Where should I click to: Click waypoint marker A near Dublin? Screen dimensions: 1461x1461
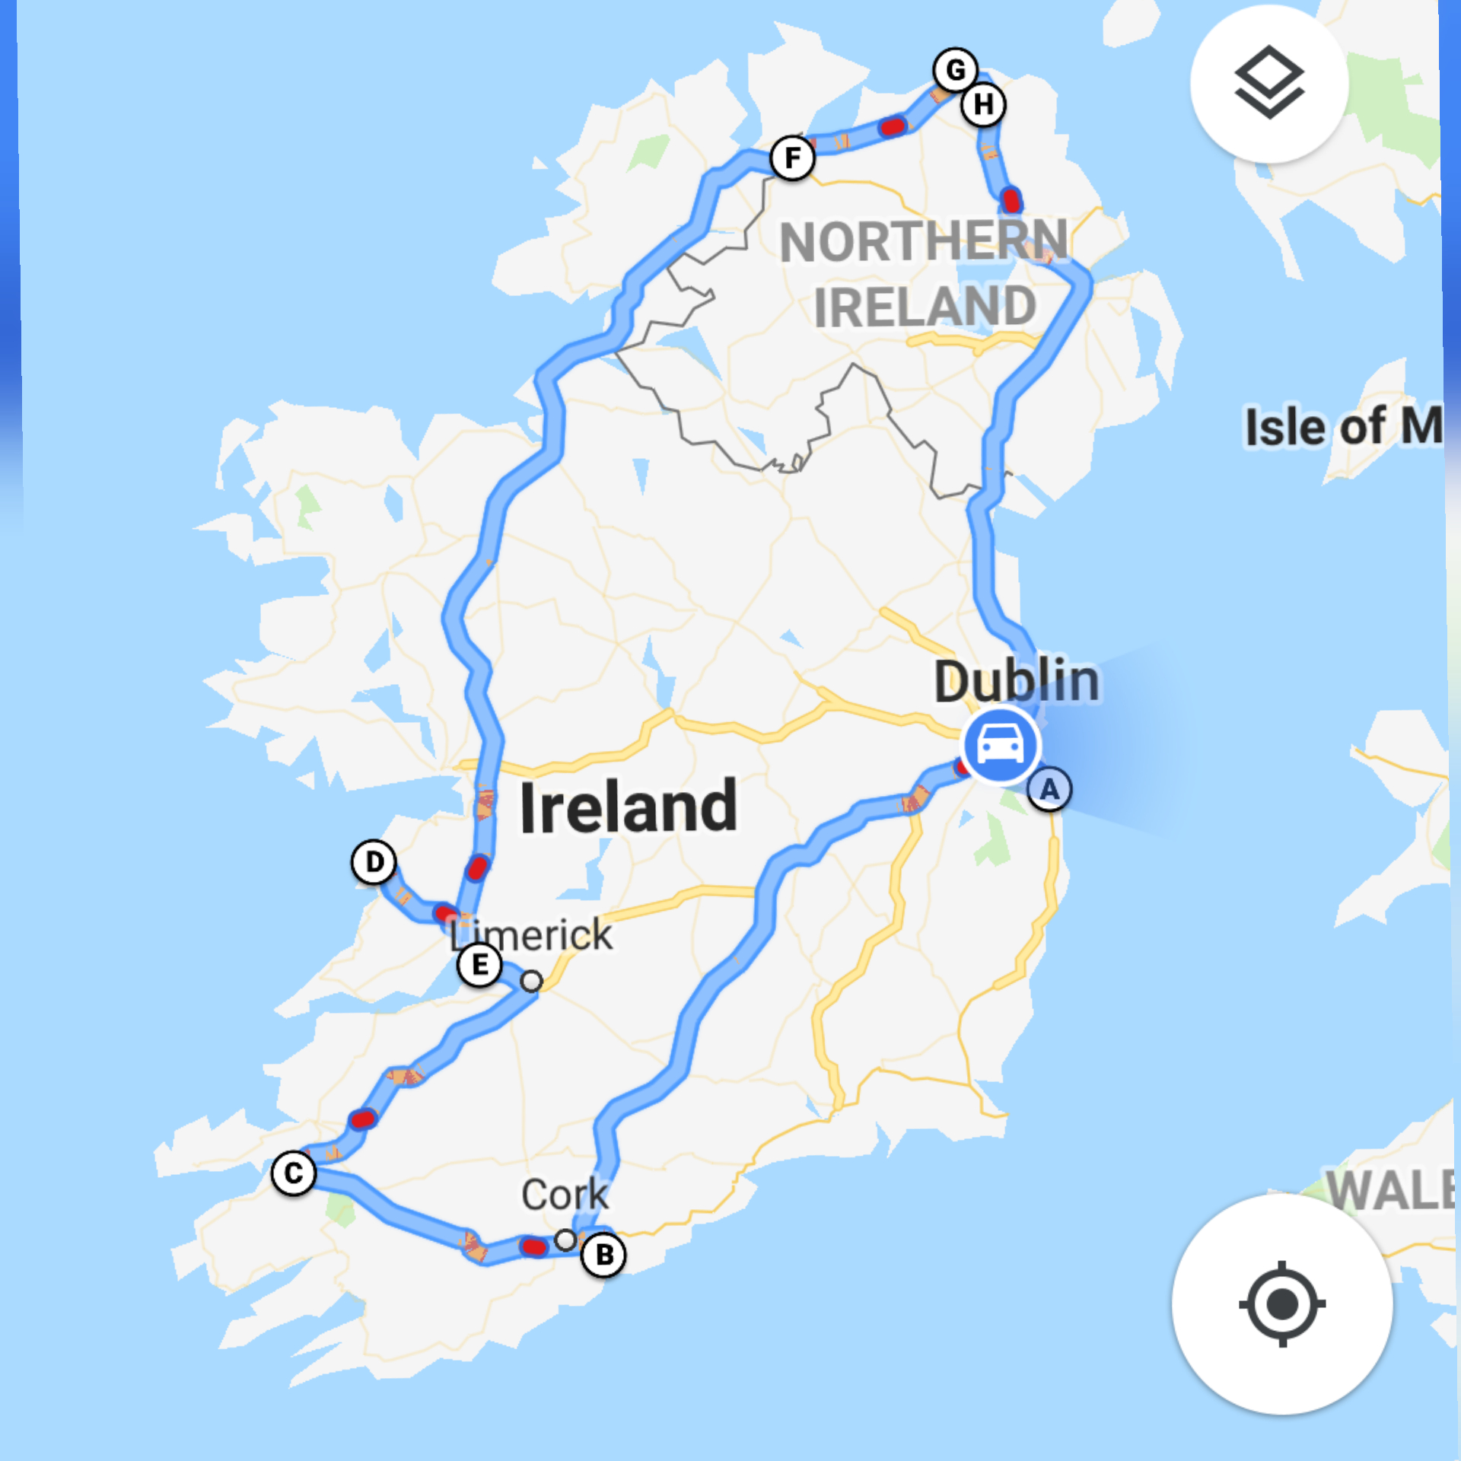click(1049, 790)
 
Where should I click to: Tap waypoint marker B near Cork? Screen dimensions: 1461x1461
click(603, 1254)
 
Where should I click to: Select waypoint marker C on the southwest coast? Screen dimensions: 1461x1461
click(294, 1173)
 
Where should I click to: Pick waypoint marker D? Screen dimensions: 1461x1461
click(374, 862)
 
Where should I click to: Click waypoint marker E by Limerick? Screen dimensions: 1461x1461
click(479, 965)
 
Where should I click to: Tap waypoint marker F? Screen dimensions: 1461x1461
click(792, 158)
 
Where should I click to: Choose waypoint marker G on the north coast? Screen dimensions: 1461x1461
click(956, 70)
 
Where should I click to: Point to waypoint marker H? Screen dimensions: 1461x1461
click(983, 104)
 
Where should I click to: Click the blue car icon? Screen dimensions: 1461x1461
click(1000, 744)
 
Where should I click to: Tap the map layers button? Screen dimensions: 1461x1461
click(1268, 83)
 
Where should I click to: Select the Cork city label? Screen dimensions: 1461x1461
click(565, 1195)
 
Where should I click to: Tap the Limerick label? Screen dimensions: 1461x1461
click(531, 934)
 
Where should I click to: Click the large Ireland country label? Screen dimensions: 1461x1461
click(629, 807)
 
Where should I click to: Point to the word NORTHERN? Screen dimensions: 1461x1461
click(924, 241)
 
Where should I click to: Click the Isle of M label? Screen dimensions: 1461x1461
click(1343, 426)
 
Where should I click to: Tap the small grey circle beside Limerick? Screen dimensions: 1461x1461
click(532, 982)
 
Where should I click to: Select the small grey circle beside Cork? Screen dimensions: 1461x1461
click(565, 1240)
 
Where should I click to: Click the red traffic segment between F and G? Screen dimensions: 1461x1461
click(893, 126)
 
